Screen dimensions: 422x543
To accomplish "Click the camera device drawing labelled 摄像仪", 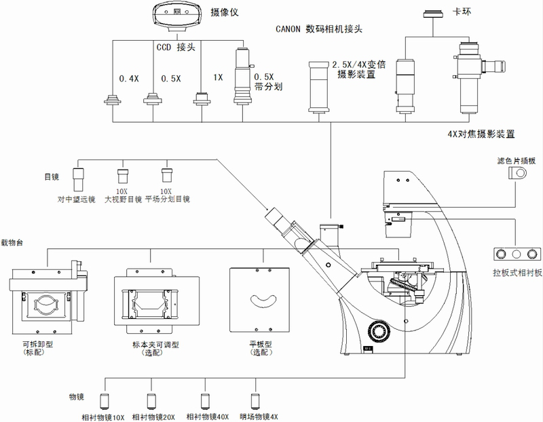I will (x=177, y=16).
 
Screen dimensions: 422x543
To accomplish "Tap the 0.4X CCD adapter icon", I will (x=112, y=99).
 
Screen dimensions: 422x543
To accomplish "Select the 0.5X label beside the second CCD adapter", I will (x=170, y=78).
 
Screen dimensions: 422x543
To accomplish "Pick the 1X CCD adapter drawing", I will (x=202, y=98).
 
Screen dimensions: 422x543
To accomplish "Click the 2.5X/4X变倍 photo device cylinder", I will (x=319, y=86).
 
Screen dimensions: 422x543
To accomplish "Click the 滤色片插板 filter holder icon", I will (x=519, y=173).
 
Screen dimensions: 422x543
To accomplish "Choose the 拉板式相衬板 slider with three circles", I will (x=517, y=254).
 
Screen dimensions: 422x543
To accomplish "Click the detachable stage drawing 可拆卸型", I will (x=47, y=299).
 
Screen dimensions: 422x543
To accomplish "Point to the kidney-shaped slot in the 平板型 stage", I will (x=265, y=299).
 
